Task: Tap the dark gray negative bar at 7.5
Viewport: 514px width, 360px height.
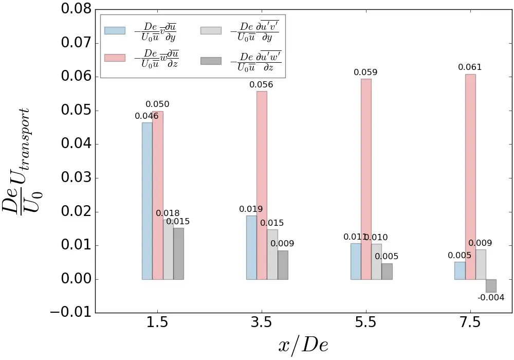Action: click(491, 286)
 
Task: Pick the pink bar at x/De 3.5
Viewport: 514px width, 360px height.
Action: click(262, 185)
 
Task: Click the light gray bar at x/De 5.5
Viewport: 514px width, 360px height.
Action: click(376, 262)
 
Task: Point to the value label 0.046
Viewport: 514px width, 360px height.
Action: click(146, 116)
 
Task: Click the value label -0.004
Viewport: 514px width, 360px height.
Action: click(491, 298)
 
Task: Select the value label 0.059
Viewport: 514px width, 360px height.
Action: click(365, 73)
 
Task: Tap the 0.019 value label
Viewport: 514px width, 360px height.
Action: click(251, 209)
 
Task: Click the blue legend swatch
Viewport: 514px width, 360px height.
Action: click(115, 30)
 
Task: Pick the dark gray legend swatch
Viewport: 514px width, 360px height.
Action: click(211, 61)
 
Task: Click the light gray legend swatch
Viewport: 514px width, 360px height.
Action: click(211, 30)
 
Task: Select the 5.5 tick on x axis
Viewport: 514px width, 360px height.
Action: click(365, 323)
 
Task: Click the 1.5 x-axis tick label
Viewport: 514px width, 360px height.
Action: click(157, 323)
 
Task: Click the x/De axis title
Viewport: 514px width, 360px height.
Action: click(303, 345)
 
